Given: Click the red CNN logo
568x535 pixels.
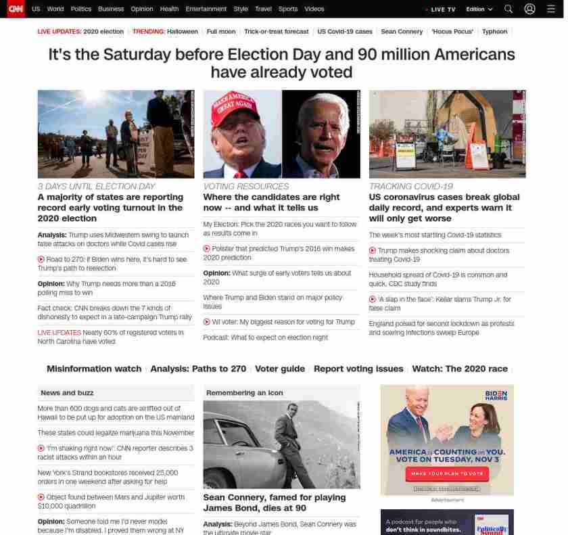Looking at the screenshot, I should pos(15,9).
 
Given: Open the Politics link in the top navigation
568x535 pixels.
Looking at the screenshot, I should pos(80,9).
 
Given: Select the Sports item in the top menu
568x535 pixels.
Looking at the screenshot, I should pos(287,9).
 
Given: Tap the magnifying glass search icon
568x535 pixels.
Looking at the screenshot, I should pos(508,9).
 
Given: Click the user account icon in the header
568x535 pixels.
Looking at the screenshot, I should pos(529,9).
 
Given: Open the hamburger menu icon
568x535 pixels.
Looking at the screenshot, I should pos(551,9).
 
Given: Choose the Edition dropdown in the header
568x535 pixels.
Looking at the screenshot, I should pos(479,9).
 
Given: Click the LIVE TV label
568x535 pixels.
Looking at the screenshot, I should pos(442,9).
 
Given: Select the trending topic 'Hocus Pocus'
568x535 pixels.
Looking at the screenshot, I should pos(452,32).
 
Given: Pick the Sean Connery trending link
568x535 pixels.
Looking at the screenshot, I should pos(402,32).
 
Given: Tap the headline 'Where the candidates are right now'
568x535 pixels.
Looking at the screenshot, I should pos(271,202).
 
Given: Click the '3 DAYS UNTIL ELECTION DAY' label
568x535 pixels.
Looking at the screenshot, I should pos(96,186).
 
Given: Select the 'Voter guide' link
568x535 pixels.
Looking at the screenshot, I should pos(279,369).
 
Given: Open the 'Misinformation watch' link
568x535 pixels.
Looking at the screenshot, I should pos(93,369).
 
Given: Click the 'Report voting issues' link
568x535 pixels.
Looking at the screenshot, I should pos(358,369).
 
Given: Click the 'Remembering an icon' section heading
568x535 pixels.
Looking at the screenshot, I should pos(244,393).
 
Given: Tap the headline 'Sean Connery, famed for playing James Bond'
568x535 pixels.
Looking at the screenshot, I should pos(274,503).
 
